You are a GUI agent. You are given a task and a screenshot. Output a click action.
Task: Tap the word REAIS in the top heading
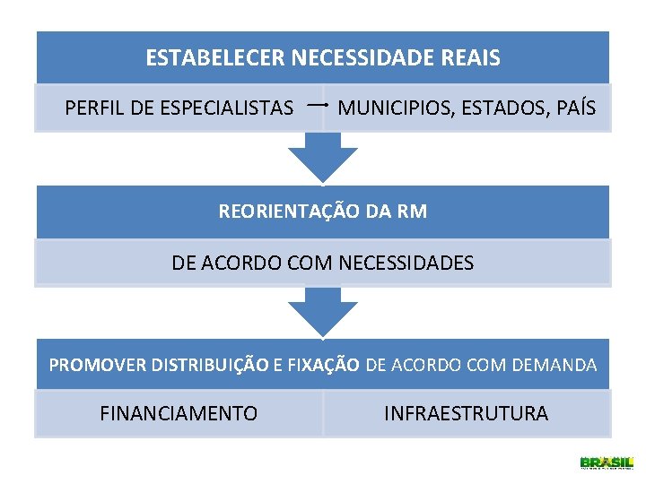(471, 59)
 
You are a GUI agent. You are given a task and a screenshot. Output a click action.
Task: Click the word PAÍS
(575, 108)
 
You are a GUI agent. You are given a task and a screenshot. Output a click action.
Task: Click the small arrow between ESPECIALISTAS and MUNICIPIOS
(315, 106)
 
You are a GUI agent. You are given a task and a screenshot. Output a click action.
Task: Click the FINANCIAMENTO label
(179, 414)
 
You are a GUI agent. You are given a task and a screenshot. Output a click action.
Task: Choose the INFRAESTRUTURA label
(466, 414)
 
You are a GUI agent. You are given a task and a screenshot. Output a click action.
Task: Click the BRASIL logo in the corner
(607, 462)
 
